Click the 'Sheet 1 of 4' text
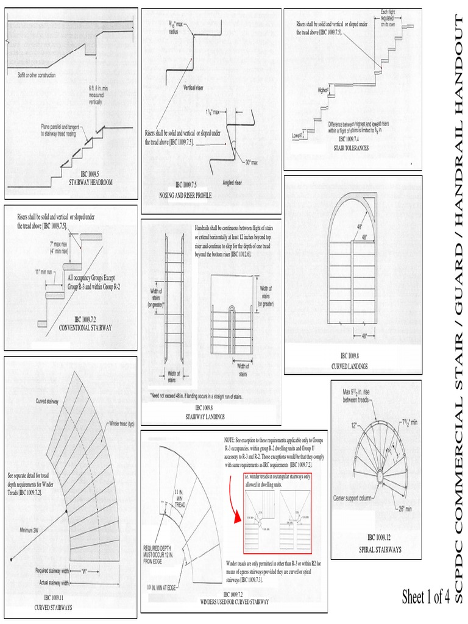point(426,596)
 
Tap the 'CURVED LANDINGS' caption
point(353,366)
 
